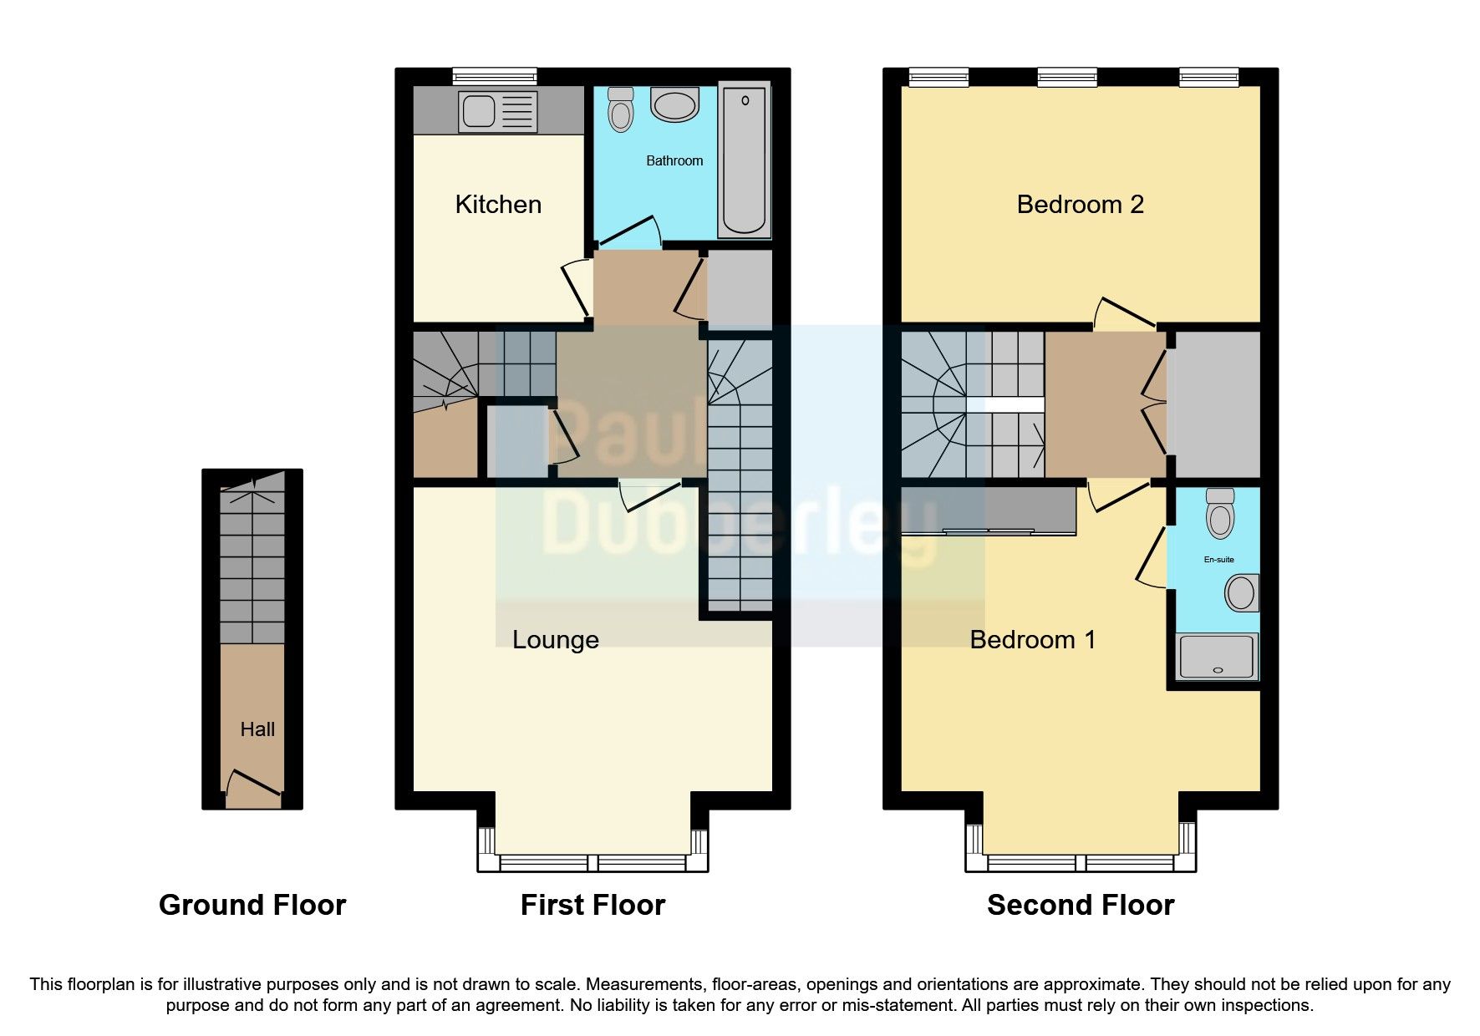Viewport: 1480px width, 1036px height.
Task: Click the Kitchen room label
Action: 498,205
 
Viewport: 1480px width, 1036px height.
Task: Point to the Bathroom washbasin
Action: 675,106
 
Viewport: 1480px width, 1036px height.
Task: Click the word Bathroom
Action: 674,160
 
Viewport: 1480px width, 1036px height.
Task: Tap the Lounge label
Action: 555,640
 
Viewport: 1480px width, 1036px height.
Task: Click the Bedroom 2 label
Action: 1080,205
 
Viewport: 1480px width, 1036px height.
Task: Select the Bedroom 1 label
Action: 1032,640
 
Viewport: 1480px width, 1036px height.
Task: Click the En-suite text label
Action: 1218,560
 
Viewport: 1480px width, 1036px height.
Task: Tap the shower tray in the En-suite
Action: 1217,657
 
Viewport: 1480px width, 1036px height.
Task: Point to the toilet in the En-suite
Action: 1221,513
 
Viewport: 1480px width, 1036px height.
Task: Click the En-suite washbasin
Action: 1241,593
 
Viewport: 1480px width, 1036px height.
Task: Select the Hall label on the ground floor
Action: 257,729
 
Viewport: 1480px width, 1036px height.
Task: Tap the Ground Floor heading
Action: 252,905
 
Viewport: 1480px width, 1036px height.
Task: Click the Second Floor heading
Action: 1081,905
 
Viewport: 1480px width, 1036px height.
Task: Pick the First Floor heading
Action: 593,905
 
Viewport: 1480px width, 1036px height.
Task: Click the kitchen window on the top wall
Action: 495,77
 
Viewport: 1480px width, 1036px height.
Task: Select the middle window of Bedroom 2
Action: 1067,77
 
